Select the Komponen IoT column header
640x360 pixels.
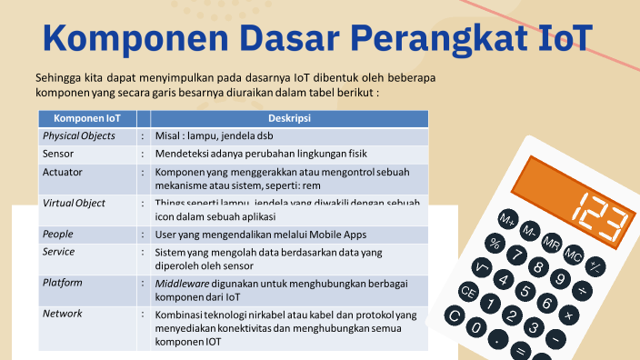point(86,118)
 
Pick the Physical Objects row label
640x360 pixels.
point(79,135)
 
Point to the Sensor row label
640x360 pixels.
point(58,154)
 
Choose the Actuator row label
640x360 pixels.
point(63,171)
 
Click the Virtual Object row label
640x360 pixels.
point(74,203)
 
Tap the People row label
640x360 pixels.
point(58,234)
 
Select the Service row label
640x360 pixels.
point(59,251)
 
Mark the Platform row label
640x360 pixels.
point(63,283)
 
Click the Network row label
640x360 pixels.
point(63,314)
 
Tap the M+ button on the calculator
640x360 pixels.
point(507,220)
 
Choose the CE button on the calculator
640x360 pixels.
point(468,292)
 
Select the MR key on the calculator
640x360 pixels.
point(551,243)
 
